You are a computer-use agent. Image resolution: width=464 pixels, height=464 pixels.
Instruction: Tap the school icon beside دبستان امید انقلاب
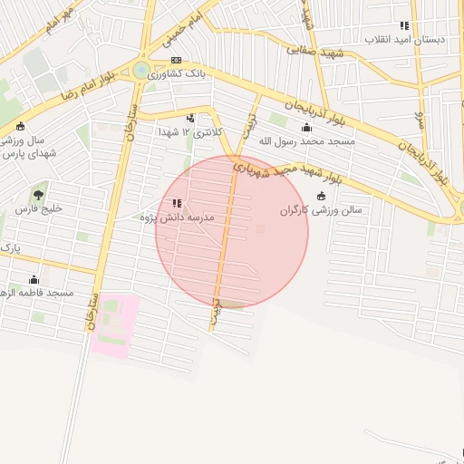[404, 25]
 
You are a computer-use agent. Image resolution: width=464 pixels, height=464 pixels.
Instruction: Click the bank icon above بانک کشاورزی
[176, 60]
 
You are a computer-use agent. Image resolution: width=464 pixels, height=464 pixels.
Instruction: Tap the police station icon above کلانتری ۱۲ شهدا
[190, 118]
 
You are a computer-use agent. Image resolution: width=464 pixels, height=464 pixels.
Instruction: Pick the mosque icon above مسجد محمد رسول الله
[305, 128]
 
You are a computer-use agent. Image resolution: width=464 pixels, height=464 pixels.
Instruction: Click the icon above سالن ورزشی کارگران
[321, 196]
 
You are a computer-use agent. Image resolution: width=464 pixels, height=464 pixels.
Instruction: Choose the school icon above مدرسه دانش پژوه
[176, 204]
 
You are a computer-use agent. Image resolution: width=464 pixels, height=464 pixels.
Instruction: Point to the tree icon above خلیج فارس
[38, 194]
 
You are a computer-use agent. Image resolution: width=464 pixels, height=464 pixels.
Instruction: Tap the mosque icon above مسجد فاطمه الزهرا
[34, 279]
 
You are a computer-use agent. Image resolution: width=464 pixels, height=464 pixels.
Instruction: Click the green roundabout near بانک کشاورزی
[141, 69]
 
